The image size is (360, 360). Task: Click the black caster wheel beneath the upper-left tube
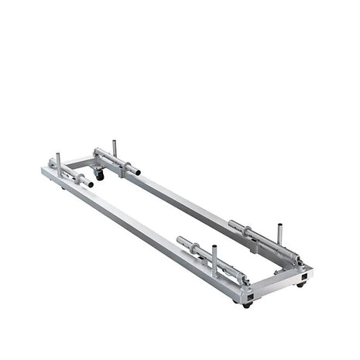click(99, 177)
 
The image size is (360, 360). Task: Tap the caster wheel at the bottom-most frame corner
click(247, 305)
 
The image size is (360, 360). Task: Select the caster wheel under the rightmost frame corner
click(300, 284)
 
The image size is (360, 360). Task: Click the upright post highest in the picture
click(114, 146)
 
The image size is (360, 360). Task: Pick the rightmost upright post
click(278, 235)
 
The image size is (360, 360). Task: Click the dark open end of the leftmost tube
click(91, 184)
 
